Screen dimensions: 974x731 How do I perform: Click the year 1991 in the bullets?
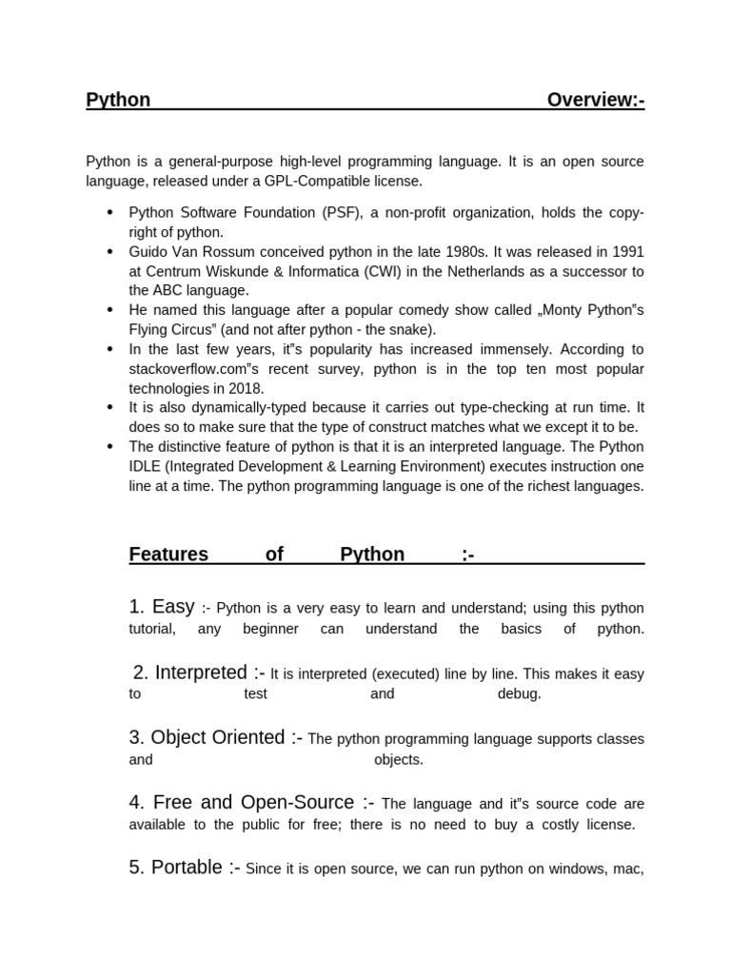[x=626, y=251]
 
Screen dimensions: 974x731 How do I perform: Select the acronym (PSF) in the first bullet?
[x=342, y=212]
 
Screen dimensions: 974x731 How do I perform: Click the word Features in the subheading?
[x=168, y=555]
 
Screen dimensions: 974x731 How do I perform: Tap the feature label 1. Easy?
[x=162, y=607]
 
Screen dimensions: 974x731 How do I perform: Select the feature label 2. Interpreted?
[x=191, y=672]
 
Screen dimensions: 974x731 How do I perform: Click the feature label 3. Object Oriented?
[x=207, y=737]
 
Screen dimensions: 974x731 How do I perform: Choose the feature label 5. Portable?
[x=177, y=867]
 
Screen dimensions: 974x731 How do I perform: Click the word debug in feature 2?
[x=519, y=693]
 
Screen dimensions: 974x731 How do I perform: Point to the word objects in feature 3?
[x=398, y=760]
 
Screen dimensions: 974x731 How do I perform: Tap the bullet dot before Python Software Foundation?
[x=110, y=212]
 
